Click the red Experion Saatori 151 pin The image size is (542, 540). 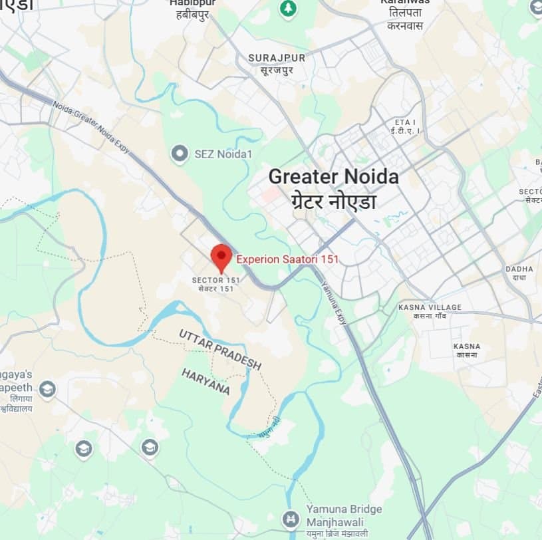221,256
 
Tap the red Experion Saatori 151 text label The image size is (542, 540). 287,259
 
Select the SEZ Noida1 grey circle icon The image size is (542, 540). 179,154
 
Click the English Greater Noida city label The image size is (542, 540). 333,177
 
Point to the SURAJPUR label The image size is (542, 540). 277,58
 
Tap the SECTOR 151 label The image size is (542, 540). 215,281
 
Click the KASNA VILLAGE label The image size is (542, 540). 430,307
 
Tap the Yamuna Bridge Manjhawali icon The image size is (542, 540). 290,518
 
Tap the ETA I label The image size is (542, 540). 405,123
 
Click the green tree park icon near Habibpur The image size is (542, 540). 287,9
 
